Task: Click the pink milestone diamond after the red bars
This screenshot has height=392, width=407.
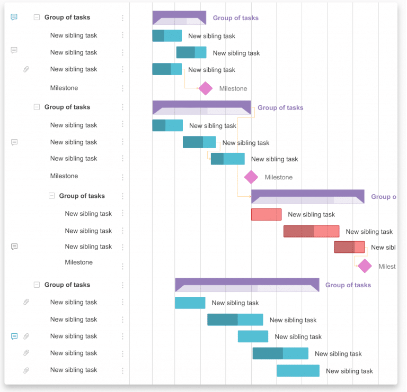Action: pos(365,266)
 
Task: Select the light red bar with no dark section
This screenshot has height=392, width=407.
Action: pos(266,214)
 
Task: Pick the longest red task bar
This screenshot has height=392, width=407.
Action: pos(311,231)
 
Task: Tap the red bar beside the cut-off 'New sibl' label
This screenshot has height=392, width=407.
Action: pos(349,247)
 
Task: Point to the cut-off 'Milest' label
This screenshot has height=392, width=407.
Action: pos(387,267)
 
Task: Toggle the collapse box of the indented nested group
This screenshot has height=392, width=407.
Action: pos(52,196)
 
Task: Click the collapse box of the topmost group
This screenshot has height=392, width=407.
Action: pos(37,17)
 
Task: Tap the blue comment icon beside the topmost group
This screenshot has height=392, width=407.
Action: pos(14,17)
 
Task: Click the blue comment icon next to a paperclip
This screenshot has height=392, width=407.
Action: pos(14,336)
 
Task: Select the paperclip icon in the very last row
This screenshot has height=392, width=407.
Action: pos(26,370)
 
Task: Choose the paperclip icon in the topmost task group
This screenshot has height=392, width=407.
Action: pos(26,69)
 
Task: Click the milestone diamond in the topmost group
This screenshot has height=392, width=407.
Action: pos(206,88)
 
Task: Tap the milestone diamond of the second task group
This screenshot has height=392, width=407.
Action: pos(251,177)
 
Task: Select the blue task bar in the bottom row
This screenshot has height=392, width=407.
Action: pos(298,370)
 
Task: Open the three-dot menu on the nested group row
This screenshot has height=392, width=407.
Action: pos(122,196)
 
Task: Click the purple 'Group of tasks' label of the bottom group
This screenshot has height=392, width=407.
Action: pos(348,285)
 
